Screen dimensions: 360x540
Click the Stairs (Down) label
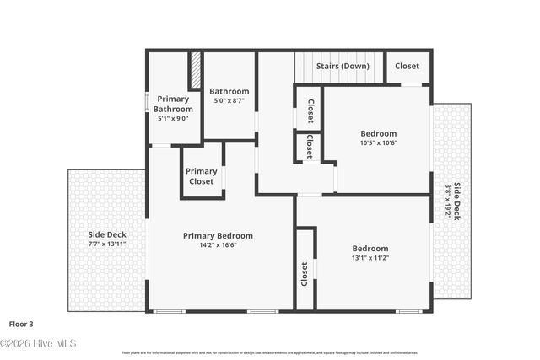click(343, 66)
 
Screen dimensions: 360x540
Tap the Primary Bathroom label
click(174, 104)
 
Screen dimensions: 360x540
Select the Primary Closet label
click(202, 176)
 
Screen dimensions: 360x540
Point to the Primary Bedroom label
click(218, 236)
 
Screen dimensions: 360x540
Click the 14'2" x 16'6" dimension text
click(218, 246)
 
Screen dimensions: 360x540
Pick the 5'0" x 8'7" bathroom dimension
click(229, 101)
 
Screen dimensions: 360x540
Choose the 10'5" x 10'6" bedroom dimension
click(379, 143)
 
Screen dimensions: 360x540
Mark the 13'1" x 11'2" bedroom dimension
click(370, 259)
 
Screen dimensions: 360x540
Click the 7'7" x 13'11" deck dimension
click(107, 244)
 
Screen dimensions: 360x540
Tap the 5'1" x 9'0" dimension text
click(173, 119)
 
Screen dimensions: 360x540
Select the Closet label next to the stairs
click(407, 66)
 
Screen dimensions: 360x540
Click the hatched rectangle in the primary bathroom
click(195, 71)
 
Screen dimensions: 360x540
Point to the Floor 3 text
click(23, 323)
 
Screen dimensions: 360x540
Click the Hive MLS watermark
click(38, 343)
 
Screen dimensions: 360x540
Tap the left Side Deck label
click(107, 234)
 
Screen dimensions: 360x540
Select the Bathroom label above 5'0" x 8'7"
click(229, 91)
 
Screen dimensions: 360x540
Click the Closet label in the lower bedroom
click(305, 273)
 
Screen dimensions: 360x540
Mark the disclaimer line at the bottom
click(269, 352)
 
